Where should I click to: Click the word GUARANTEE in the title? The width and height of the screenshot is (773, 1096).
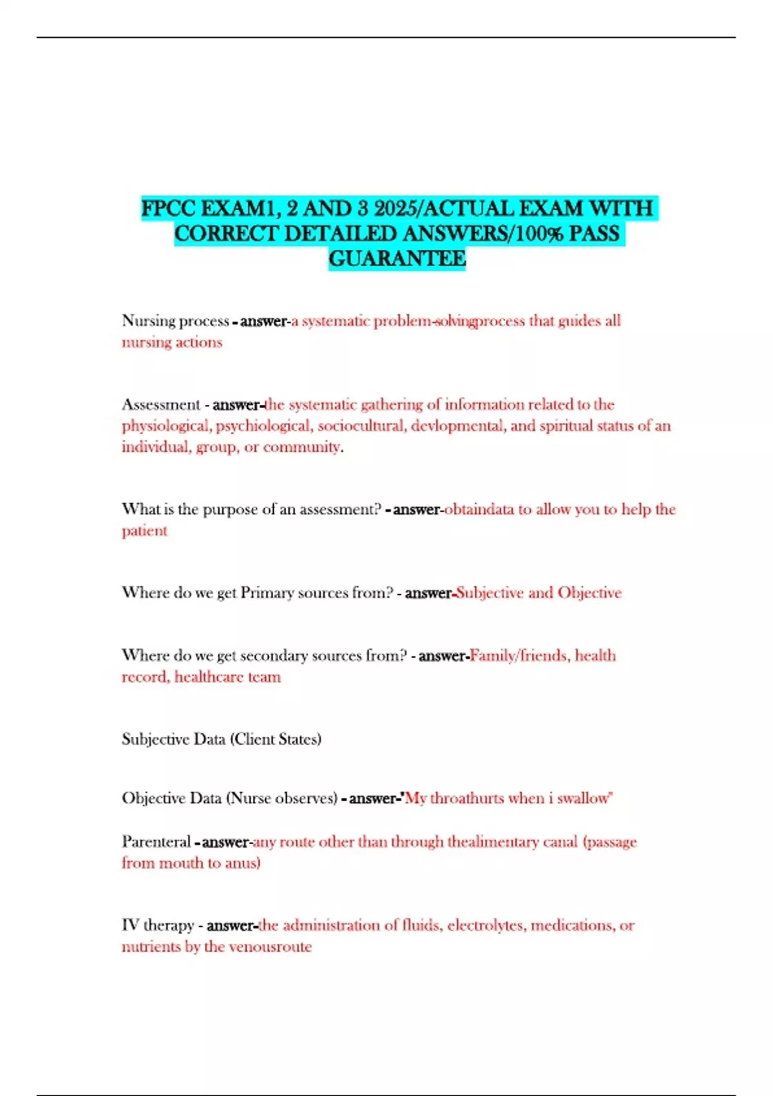tap(397, 259)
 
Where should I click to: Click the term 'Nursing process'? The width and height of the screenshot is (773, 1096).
tap(175, 320)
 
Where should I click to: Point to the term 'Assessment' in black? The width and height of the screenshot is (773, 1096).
tap(161, 405)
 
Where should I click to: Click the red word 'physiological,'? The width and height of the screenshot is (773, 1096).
tap(166, 426)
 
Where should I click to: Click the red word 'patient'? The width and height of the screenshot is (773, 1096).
tap(144, 531)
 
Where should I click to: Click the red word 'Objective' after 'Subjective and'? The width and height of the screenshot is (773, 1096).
tap(589, 593)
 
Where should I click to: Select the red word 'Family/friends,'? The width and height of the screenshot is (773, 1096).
tap(519, 656)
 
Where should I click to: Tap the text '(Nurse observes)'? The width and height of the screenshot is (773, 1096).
tap(282, 798)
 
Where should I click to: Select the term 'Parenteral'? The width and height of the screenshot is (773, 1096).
tap(156, 842)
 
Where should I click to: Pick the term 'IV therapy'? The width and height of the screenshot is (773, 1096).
tap(158, 926)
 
